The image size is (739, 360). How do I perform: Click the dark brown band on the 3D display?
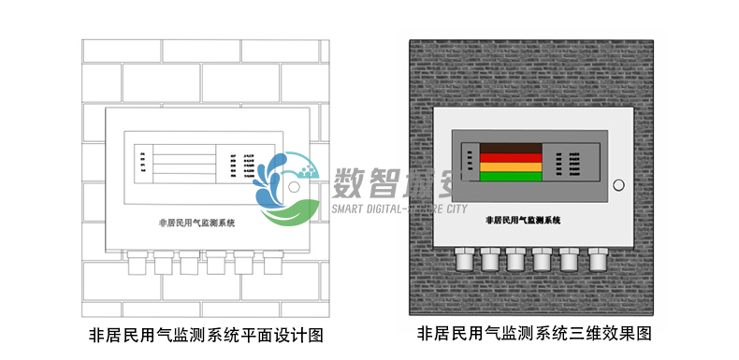click(x=510, y=148)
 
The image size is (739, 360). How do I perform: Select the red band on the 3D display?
click(x=510, y=157)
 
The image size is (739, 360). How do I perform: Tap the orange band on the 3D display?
click(x=510, y=166)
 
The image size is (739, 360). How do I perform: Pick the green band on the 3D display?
click(x=510, y=176)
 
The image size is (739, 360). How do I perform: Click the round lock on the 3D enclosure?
click(x=617, y=185)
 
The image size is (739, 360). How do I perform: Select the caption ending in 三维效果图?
click(x=533, y=333)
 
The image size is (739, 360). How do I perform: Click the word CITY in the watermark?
click(x=449, y=208)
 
